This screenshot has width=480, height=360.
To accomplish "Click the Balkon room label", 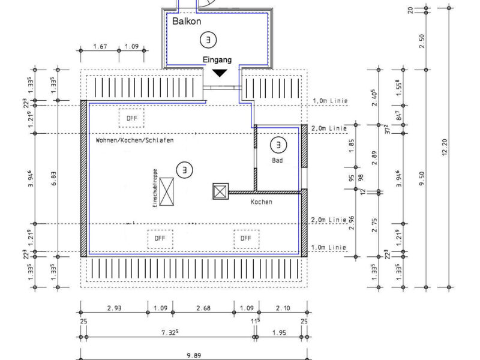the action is click(187, 21).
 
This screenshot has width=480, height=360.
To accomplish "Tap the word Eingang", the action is click(217, 59).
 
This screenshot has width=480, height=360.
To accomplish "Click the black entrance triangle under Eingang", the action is click(220, 73).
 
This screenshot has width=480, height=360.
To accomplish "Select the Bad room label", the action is click(277, 160).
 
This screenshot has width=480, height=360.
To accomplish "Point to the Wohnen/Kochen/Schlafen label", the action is click(134, 140).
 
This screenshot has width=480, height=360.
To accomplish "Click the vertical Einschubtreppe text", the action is click(155, 188).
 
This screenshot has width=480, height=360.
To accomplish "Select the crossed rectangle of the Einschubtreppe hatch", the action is click(167, 191).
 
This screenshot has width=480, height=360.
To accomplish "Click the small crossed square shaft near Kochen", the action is click(220, 191).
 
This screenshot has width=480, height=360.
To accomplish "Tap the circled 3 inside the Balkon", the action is click(208, 40).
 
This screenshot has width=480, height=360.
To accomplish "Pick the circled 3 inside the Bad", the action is click(278, 145).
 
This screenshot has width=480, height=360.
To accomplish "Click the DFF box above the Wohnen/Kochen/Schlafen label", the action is click(131, 118).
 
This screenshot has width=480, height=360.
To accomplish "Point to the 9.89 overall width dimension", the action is click(194, 355).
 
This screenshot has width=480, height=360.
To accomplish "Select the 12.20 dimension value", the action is click(445, 147).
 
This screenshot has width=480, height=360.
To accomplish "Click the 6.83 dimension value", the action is click(53, 178).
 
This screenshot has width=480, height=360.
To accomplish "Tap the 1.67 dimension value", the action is click(100, 47).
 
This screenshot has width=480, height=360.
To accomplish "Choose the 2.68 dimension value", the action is click(203, 308).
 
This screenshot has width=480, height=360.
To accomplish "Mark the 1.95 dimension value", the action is click(279, 332).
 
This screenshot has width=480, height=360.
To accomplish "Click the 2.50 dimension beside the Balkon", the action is click(422, 41).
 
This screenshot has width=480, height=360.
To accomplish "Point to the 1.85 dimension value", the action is click(352, 146).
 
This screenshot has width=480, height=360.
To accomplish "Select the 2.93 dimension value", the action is click(114, 308).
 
